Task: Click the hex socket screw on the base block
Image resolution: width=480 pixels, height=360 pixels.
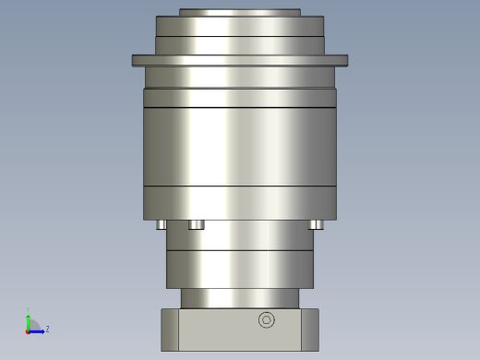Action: [x=267, y=320]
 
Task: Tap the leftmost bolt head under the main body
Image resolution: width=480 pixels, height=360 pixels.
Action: [x=162, y=224]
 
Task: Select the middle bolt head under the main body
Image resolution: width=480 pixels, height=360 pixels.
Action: [x=196, y=224]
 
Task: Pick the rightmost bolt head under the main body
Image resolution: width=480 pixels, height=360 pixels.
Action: [x=316, y=224]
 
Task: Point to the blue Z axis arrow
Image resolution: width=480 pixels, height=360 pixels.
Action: [x=39, y=330]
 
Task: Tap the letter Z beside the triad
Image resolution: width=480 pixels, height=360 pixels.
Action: [x=47, y=329]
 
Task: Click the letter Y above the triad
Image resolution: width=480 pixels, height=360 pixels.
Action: [x=29, y=309]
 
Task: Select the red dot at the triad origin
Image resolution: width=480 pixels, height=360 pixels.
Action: [x=29, y=330]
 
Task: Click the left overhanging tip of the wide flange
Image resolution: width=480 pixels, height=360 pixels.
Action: [x=137, y=61]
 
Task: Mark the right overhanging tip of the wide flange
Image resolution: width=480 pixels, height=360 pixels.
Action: [x=342, y=61]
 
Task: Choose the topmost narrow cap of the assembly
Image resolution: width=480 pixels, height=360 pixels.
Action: [x=239, y=12]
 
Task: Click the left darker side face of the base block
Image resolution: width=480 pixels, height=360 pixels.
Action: [x=170, y=330]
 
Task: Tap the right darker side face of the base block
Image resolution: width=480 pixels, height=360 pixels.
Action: [x=309, y=330]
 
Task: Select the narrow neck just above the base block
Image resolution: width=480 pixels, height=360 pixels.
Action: [x=239, y=298]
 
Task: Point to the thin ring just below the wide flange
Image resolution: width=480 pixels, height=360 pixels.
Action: [x=239, y=77]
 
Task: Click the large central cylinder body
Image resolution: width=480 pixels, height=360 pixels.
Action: [x=239, y=148]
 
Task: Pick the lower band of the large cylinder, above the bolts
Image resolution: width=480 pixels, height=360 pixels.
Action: [x=239, y=203]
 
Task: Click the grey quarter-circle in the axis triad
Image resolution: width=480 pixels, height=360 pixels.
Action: [x=33, y=325]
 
